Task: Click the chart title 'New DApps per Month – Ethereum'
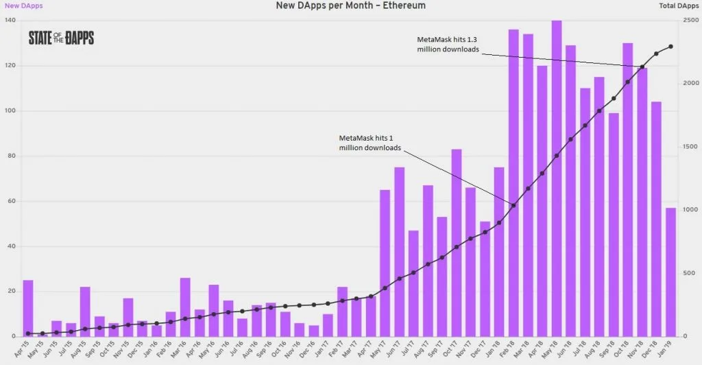pos(350,5)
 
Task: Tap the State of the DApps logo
pos(61,38)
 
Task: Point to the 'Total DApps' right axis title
pos(679,5)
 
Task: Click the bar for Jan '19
pos(670,272)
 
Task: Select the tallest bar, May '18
pos(557,178)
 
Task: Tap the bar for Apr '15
pos(28,308)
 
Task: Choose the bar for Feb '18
pos(513,182)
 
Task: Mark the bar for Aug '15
pos(85,311)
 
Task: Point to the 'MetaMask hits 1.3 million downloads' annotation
pos(449,45)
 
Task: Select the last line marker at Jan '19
pos(670,47)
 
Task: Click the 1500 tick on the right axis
pos(690,147)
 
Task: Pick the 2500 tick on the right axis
pos(690,21)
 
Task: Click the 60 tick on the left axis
pos(10,201)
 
